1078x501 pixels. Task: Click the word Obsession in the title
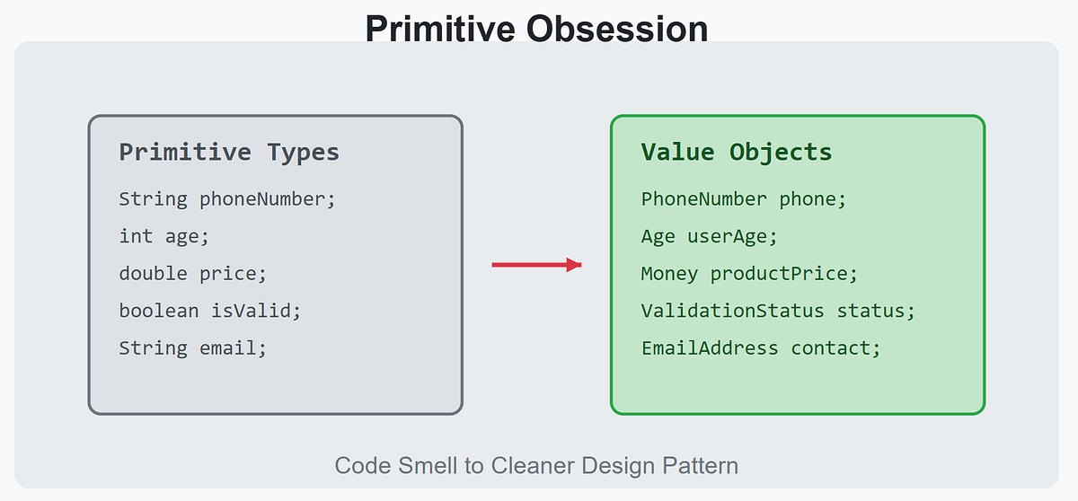[617, 29]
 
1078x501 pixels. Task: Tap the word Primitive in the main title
[440, 29]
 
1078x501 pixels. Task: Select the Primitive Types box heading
[229, 153]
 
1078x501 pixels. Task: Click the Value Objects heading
[737, 153]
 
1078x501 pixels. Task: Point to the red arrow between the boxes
[536, 265]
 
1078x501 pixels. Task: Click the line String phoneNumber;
[227, 199]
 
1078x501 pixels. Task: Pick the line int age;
[164, 236]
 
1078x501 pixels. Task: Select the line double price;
[192, 274]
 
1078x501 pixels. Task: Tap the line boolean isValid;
[210, 311]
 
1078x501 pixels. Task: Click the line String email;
[192, 348]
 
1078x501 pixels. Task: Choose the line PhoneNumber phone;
[744, 199]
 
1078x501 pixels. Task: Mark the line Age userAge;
[710, 236]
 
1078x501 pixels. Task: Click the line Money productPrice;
[749, 274]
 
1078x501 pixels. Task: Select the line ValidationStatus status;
[778, 311]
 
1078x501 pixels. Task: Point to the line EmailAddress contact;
[761, 348]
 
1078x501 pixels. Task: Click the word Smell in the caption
[428, 465]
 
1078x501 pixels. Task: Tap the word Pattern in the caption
[700, 465]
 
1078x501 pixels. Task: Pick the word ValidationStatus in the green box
[732, 311]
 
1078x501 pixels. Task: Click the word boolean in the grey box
[159, 311]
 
